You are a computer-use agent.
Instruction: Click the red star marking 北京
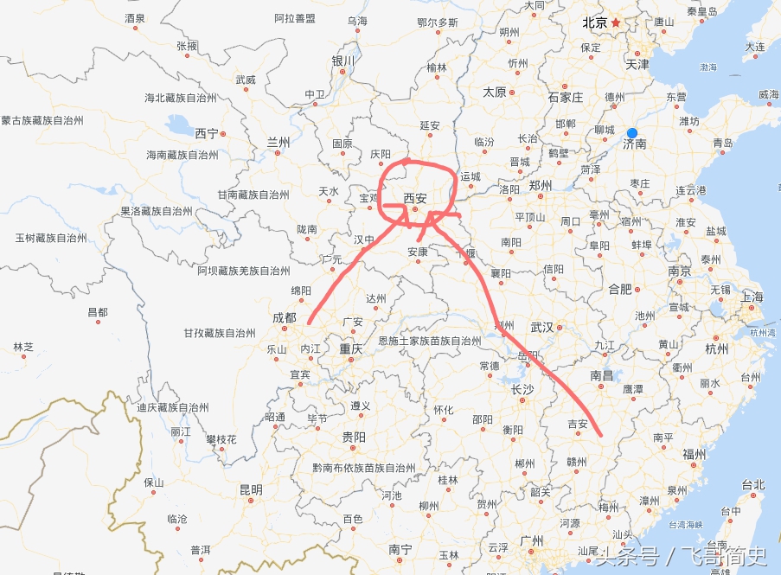tap(616, 23)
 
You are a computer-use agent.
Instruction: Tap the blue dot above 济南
tap(632, 132)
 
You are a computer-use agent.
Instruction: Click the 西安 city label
tap(416, 196)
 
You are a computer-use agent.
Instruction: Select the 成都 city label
tap(284, 318)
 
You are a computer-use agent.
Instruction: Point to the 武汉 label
tap(542, 328)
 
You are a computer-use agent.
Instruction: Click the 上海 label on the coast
tap(752, 297)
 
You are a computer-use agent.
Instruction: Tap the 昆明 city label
tap(250, 490)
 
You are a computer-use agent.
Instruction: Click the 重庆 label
tap(351, 349)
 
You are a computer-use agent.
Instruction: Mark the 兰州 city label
tap(278, 141)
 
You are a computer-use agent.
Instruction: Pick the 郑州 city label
tap(541, 185)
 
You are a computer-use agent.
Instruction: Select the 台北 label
tap(753, 485)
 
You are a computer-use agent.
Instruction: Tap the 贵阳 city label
tap(353, 437)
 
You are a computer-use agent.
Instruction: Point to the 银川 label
tap(342, 61)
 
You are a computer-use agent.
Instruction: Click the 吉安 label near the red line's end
tap(577, 424)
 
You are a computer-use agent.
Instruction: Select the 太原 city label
tap(494, 92)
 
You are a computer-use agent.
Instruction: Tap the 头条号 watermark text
tap(624, 555)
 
